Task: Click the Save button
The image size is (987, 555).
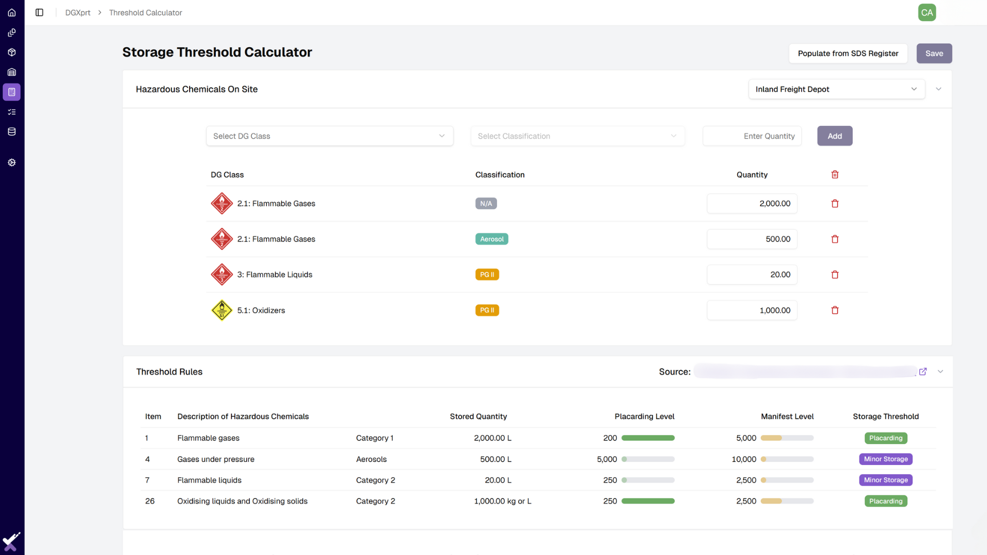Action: coord(934,53)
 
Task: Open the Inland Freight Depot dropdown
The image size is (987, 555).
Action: coord(836,89)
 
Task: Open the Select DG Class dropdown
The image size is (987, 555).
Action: coord(329,136)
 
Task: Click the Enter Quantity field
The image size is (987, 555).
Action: coord(752,136)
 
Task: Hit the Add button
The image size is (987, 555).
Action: coord(834,136)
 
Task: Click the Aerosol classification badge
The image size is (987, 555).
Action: coord(491,239)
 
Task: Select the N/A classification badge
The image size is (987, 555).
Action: coord(486,203)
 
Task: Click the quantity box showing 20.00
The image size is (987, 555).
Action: coord(752,274)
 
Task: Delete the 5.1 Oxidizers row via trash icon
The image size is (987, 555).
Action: coord(835,310)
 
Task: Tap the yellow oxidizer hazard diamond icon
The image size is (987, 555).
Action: coord(222,310)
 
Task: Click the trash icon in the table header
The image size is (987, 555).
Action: coord(835,175)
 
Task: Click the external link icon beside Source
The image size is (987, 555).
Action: coord(923,372)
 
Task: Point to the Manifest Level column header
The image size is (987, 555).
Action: coord(787,416)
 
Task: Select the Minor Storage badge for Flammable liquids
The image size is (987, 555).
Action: coord(885,480)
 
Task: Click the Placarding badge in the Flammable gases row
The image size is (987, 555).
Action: coord(885,438)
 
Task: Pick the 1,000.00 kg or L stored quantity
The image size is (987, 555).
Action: coord(502,501)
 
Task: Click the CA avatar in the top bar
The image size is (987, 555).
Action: coord(927,12)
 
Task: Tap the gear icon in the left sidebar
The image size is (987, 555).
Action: coord(12,162)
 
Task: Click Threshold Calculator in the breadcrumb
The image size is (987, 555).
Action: coord(145,12)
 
